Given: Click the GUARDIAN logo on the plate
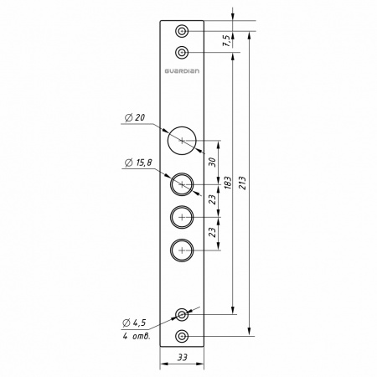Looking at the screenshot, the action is pyautogui.click(x=182, y=71).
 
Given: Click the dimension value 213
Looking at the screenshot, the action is pyautogui.click(x=242, y=183).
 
